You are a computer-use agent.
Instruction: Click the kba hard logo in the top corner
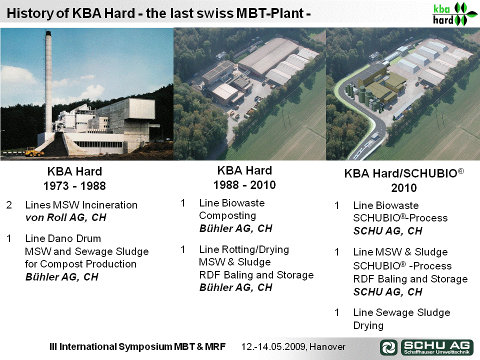coord(455,14)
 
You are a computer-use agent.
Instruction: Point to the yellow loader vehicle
coord(34,152)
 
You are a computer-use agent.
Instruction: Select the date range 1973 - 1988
coord(74,186)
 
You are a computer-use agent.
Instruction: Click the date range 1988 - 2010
coord(244,185)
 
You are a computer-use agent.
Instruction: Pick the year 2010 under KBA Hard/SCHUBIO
coord(404,187)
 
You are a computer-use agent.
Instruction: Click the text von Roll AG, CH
coord(66,217)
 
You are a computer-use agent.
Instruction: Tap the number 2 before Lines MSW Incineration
coord(9,205)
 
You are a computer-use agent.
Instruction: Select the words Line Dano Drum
coord(63,238)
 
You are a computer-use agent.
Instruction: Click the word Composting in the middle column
coord(227,215)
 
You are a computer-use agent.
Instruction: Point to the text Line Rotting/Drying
coord(244,249)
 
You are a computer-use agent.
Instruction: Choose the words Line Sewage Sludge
coord(401,312)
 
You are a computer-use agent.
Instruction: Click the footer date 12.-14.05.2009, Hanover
coord(293,346)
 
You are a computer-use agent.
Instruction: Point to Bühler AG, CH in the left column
coord(62,276)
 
